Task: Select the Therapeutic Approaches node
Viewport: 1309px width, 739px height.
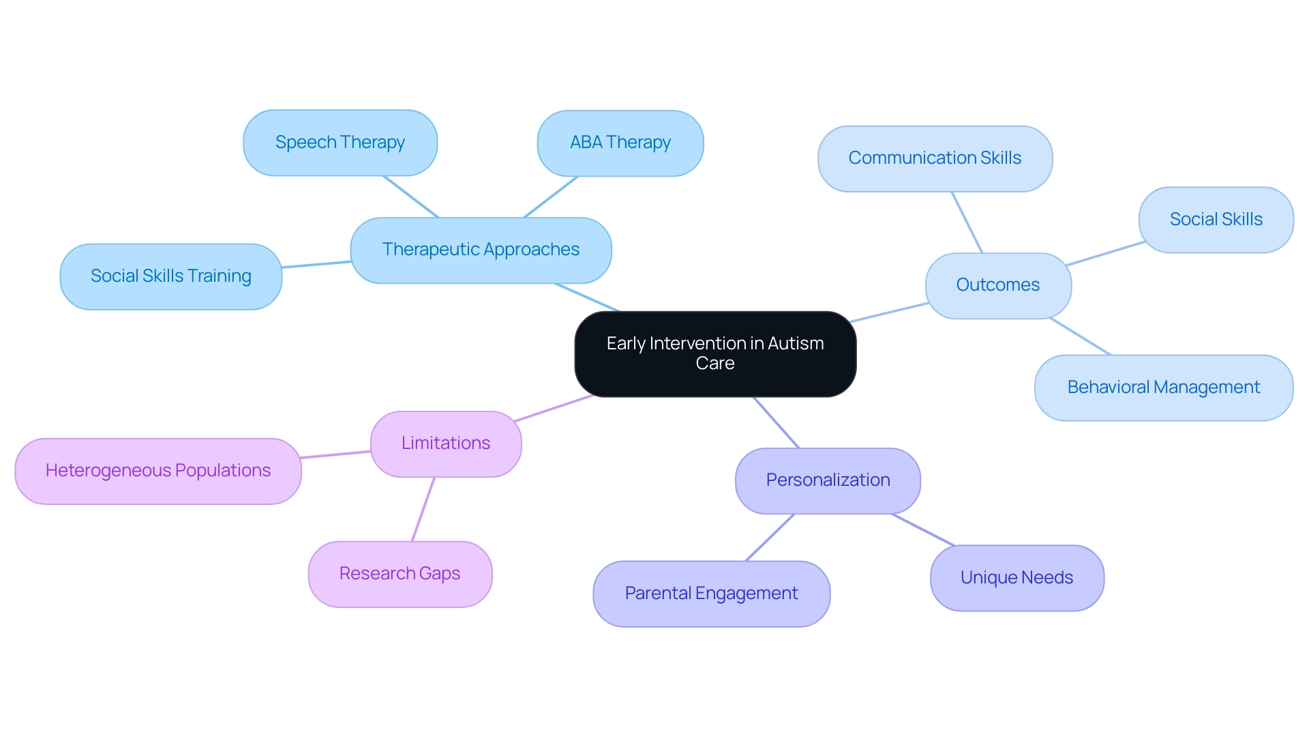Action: (481, 250)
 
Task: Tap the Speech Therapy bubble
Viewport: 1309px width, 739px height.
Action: (340, 143)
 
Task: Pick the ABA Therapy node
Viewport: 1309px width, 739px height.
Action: (620, 143)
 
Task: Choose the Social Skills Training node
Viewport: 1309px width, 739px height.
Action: (171, 276)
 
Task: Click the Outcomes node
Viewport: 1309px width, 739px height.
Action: (998, 285)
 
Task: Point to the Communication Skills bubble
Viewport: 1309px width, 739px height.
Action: (935, 158)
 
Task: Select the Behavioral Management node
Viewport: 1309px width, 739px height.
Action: (1164, 388)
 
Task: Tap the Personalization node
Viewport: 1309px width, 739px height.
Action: (828, 480)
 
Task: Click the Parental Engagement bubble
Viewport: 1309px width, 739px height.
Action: (711, 594)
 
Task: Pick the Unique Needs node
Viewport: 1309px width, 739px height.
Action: (1017, 578)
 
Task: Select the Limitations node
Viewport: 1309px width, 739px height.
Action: (446, 444)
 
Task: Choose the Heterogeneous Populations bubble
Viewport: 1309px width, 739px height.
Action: (158, 471)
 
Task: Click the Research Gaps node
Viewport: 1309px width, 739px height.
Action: (400, 574)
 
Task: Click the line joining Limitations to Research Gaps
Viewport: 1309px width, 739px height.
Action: (423, 509)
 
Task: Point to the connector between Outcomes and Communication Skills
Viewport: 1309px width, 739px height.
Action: (967, 222)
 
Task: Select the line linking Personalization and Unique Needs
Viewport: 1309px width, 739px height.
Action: (923, 530)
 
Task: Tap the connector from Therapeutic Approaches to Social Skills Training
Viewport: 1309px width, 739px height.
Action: (316, 265)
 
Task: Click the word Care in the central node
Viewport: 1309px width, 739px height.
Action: (715, 364)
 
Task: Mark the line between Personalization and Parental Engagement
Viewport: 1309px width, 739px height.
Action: (770, 538)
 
